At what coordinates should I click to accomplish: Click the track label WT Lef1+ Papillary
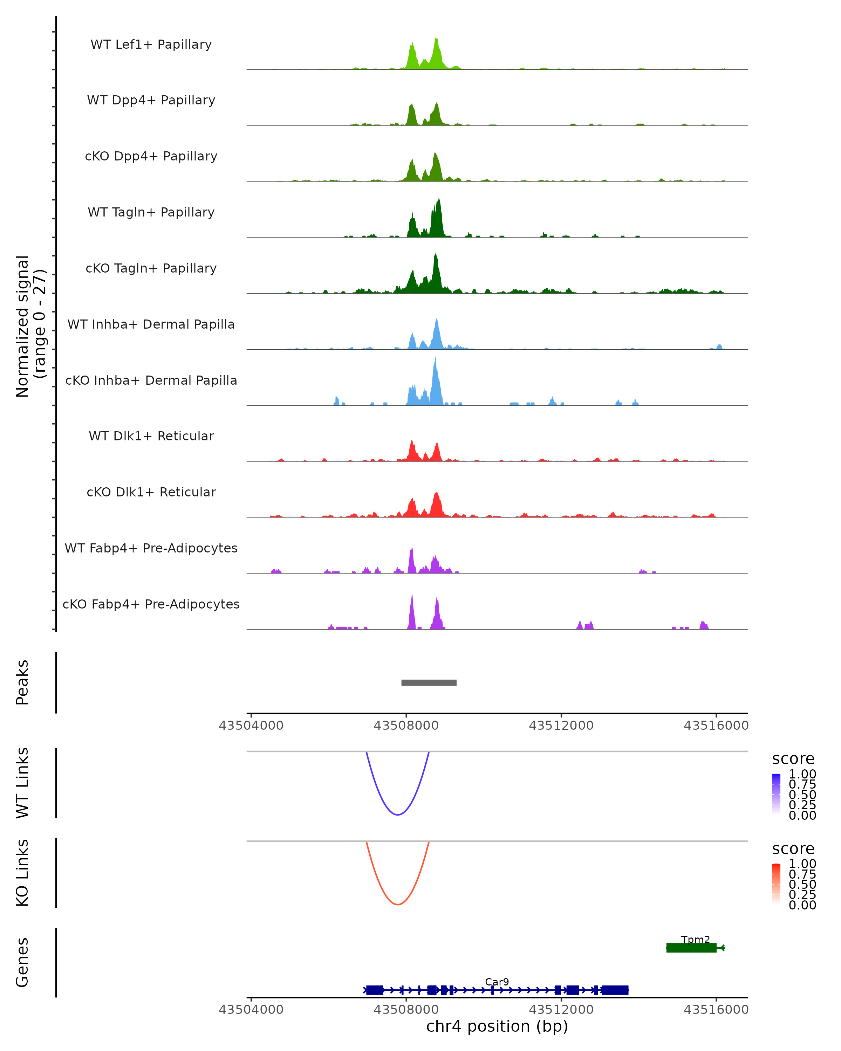(x=151, y=44)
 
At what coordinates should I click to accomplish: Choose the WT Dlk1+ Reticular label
(x=151, y=436)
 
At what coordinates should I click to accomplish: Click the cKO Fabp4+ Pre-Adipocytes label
(x=151, y=604)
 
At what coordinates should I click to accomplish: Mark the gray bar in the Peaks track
(x=429, y=682)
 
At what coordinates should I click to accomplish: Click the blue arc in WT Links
(x=398, y=814)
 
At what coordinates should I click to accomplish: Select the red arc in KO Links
(x=398, y=904)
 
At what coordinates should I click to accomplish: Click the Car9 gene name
(x=497, y=982)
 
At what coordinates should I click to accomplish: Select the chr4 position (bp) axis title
(x=497, y=1026)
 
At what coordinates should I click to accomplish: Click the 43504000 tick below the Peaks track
(x=251, y=726)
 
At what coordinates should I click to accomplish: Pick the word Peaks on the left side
(x=22, y=682)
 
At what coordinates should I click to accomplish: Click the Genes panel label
(x=22, y=962)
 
